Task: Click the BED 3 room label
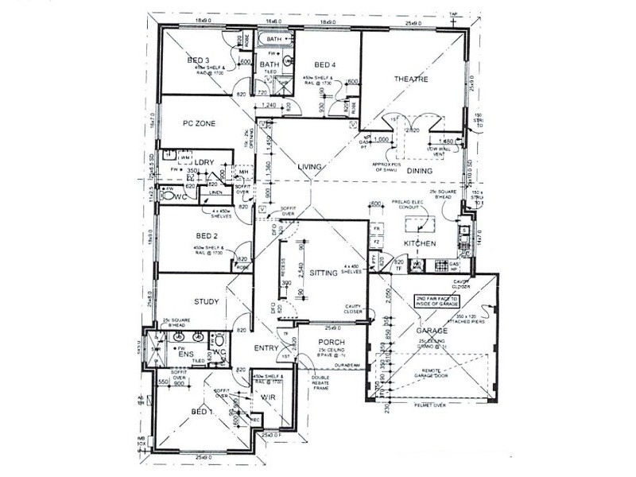pos(198,60)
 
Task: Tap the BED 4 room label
pos(326,65)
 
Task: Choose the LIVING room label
pos(309,166)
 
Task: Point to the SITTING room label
pos(325,273)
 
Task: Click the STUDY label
pos(206,301)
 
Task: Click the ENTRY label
pos(265,348)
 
